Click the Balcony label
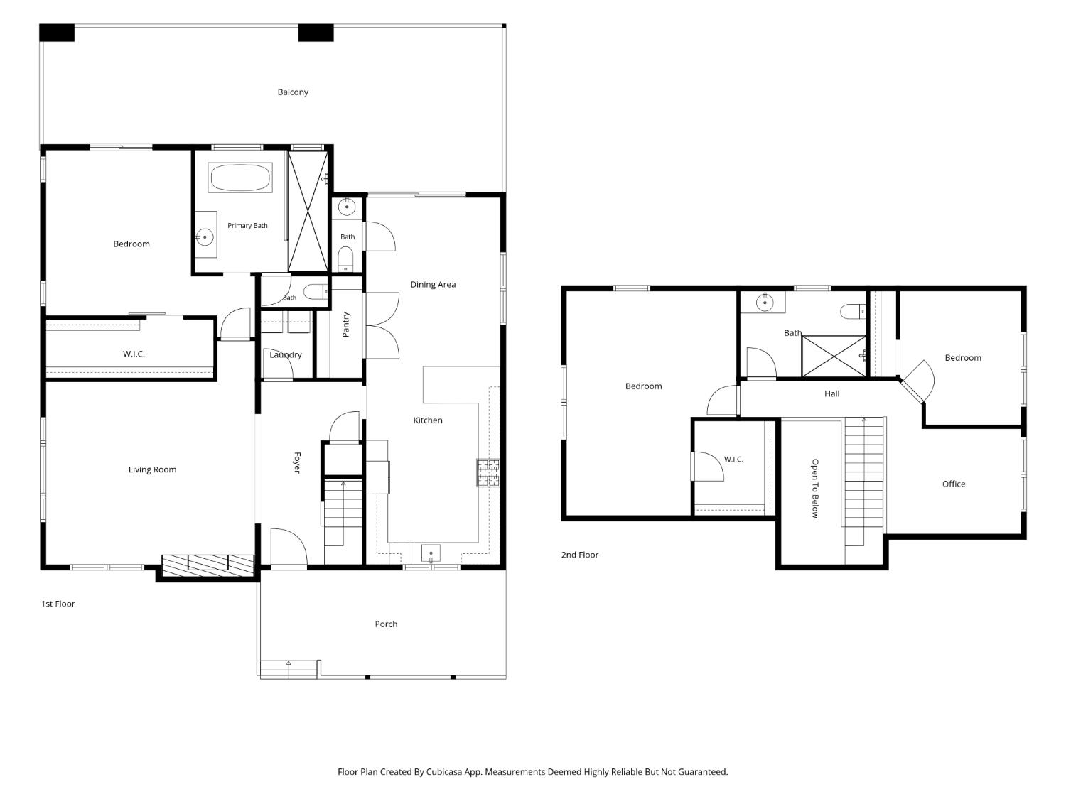292,92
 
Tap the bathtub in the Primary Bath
240,178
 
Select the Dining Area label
433,284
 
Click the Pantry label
346,324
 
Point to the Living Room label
152,469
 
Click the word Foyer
297,462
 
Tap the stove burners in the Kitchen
488,472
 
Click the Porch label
386,624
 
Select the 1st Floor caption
58,604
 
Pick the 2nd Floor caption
579,555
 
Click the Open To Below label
815,488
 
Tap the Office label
953,484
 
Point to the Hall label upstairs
831,393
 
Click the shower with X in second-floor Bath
834,356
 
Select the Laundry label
286,354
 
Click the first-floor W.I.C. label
134,354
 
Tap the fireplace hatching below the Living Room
208,565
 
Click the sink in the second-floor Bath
765,303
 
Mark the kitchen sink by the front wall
431,553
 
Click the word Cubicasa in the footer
444,771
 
